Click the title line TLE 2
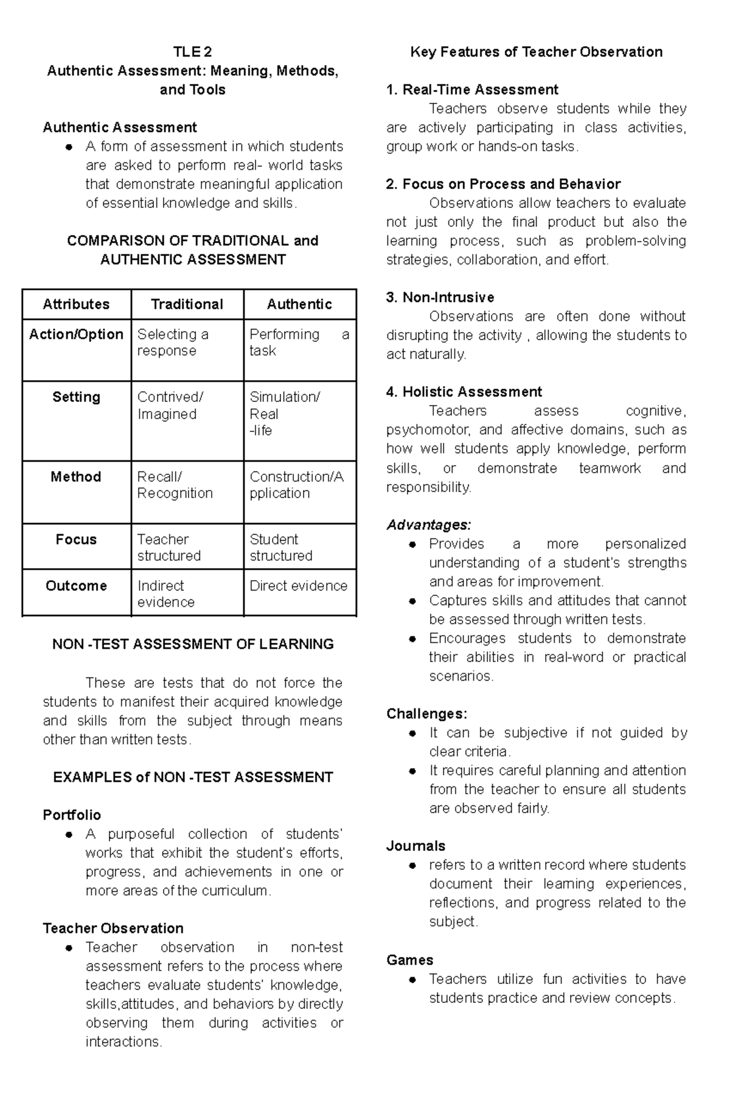point(192,52)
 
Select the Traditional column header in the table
point(187,304)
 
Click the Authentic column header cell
point(299,304)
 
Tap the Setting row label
point(76,397)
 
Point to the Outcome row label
point(76,586)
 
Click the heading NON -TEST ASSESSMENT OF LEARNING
point(193,644)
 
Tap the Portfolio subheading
point(72,815)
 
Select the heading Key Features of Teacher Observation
point(536,52)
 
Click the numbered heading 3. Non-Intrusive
point(440,297)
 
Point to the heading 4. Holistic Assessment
point(464,392)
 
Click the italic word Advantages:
point(428,525)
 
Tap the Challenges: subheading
point(426,714)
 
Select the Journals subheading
point(415,846)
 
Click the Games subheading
point(409,960)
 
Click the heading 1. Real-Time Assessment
point(471,90)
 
